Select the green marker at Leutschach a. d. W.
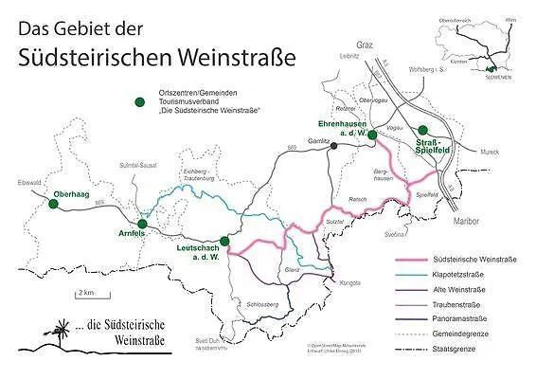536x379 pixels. pos(224,241)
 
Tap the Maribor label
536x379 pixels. pos(468,221)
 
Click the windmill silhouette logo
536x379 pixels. pos(42,332)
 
